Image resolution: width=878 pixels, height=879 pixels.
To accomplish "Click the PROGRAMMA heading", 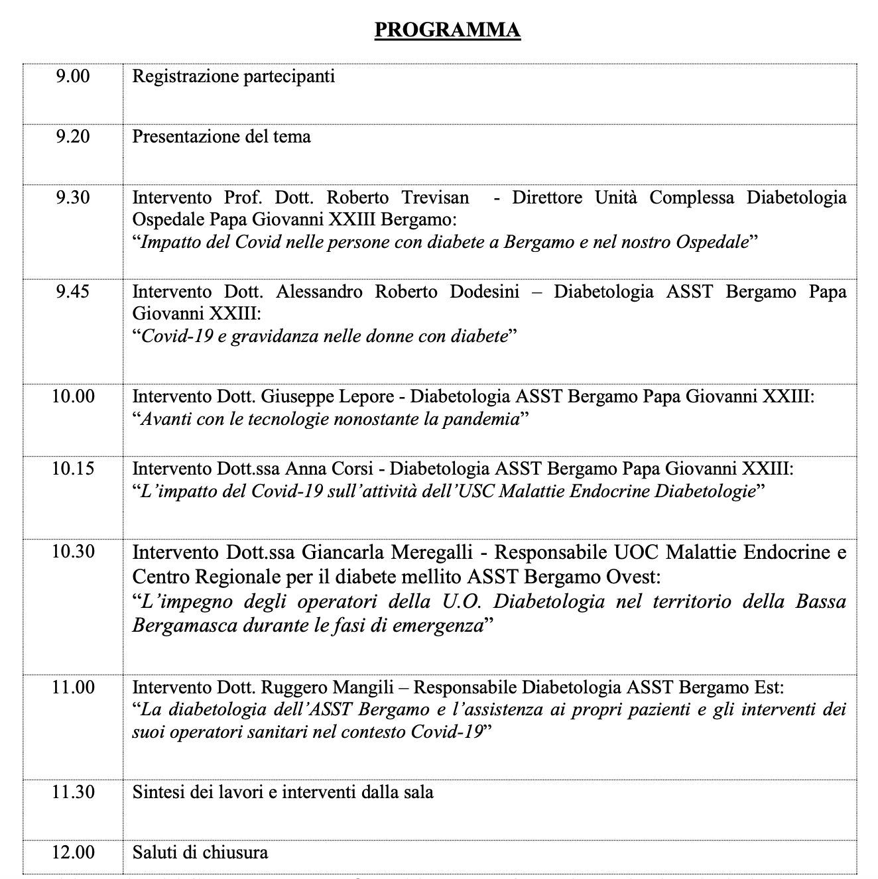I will pos(448,30).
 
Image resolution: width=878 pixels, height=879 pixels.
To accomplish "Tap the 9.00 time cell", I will pos(73,76).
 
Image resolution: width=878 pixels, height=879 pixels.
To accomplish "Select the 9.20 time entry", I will pos(73,137).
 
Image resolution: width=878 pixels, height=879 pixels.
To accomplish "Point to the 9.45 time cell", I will pos(73,292).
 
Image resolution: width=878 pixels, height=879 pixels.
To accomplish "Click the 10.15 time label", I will pos(73,469).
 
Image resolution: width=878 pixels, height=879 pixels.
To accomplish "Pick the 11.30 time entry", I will pos(73,791).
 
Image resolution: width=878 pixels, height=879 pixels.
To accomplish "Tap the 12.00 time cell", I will pos(73,852).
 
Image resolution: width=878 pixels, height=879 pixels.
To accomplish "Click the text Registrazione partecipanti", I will pos(233,76).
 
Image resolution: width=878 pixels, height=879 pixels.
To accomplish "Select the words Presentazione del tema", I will pos(221,137).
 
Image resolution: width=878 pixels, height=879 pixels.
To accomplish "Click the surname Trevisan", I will pos(435,198).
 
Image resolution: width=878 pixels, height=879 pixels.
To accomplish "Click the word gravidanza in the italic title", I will pos(275,336).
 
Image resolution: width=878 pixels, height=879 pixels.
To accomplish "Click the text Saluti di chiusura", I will pos(200,852).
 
